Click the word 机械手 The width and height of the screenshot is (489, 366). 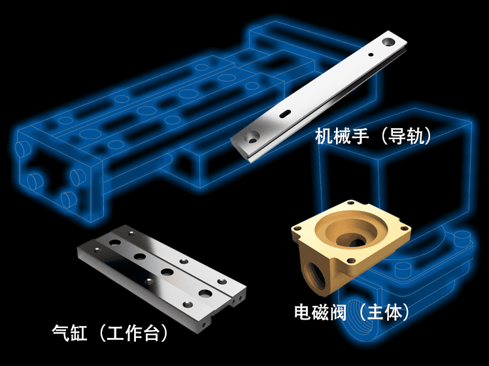click(342, 136)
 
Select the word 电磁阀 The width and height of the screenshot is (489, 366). click(320, 312)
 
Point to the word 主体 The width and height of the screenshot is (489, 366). click(384, 312)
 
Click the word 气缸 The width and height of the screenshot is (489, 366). click(69, 332)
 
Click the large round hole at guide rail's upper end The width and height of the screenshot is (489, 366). click(388, 41)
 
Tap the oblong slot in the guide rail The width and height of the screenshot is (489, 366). click(285, 114)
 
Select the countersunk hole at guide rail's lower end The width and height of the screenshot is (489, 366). click(252, 137)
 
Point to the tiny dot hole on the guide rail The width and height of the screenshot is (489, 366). click(371, 55)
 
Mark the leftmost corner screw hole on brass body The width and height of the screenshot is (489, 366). click(297, 229)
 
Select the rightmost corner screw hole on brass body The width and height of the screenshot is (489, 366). click(404, 229)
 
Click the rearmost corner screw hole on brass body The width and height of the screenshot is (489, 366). click(352, 203)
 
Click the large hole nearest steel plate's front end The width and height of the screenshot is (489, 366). click(205, 293)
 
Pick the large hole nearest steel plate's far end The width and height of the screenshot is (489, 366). click(115, 242)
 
